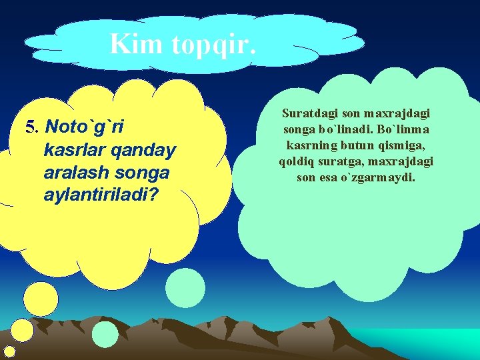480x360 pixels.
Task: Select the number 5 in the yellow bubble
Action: (29, 127)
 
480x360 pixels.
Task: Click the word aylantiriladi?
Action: (97, 197)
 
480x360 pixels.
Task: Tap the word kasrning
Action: (312, 145)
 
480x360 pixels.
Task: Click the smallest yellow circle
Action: (9, 351)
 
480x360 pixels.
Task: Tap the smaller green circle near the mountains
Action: (105, 335)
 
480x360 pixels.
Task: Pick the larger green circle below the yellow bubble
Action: (185, 288)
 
